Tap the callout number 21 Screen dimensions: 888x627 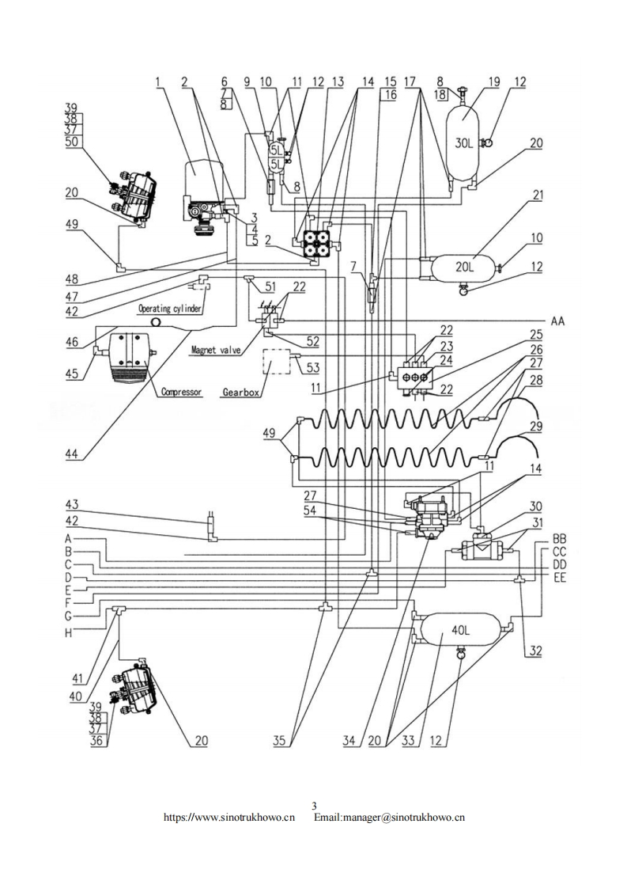537,195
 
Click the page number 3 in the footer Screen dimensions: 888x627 314,806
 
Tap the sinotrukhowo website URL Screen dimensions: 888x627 229,816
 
